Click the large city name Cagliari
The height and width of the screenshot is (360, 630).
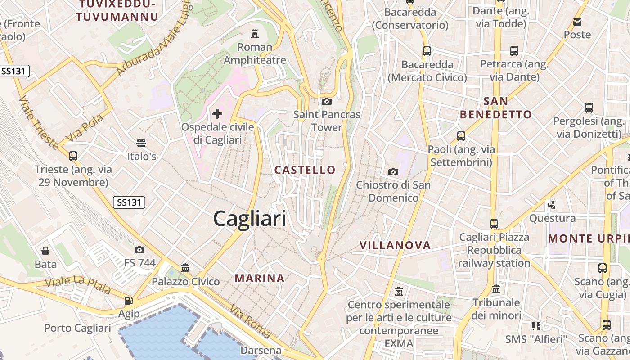click(x=250, y=219)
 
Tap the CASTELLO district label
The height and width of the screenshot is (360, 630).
click(x=305, y=170)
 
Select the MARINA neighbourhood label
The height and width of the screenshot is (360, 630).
click(x=260, y=279)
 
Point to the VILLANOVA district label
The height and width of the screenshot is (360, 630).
click(x=395, y=245)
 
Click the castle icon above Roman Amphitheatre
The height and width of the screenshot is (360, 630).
click(x=255, y=34)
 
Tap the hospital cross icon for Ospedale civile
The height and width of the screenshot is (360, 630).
click(x=217, y=114)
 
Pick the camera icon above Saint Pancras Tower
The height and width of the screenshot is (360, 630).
click(x=327, y=102)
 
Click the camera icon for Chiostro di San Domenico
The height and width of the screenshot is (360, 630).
click(x=393, y=172)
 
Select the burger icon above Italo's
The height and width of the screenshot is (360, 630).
click(x=141, y=143)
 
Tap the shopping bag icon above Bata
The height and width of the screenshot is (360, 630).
click(x=45, y=251)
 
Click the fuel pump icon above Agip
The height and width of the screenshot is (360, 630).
click(x=129, y=301)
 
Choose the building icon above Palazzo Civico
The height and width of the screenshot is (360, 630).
click(x=185, y=268)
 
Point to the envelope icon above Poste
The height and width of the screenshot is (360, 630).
click(x=577, y=22)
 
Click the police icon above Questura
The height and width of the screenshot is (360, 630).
click(x=552, y=205)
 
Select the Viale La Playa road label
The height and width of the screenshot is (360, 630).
click(x=78, y=284)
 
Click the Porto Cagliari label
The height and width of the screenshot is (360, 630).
click(x=77, y=328)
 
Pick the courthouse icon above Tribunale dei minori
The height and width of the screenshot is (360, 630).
click(x=496, y=289)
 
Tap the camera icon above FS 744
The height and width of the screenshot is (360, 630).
click(x=139, y=250)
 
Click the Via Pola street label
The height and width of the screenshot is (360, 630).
click(x=85, y=128)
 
